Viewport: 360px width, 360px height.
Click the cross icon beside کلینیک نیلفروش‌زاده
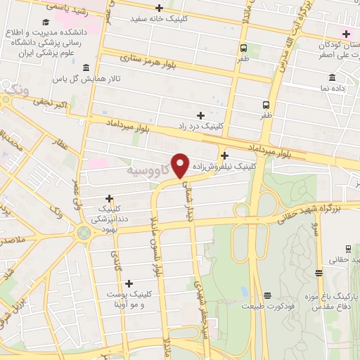pyautogui.click(x=224, y=155)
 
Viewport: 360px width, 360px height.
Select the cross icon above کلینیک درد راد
pyautogui.click(x=200, y=115)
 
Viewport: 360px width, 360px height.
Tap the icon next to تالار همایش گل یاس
pyautogui.click(x=86, y=67)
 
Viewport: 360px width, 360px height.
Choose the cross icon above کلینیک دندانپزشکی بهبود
pyautogui.click(x=109, y=198)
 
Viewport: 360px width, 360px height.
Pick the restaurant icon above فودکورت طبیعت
pyautogui.click(x=266, y=295)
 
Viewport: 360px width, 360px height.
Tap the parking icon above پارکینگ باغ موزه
pyautogui.click(x=320, y=273)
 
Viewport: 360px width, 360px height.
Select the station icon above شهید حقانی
pyautogui.click(x=348, y=249)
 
